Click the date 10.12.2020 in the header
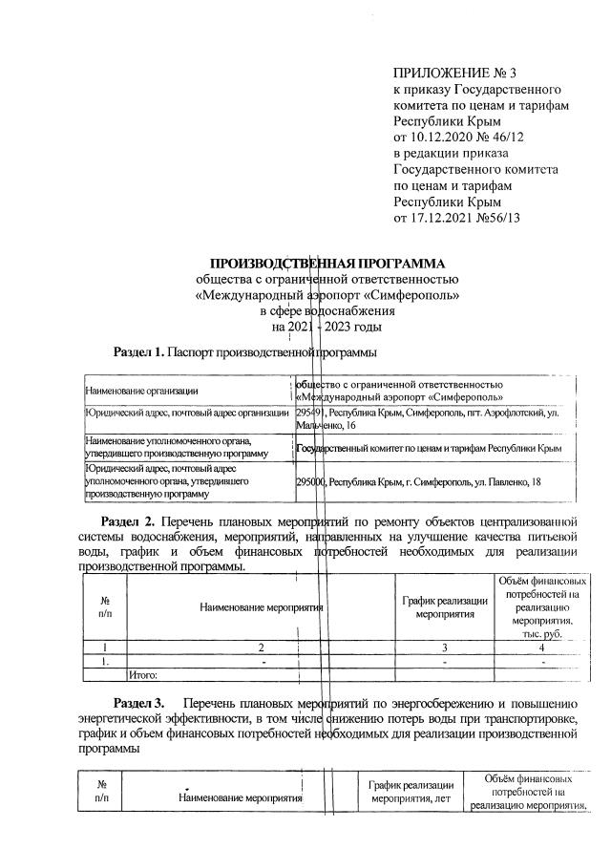[x=444, y=138]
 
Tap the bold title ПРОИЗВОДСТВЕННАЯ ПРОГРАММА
[x=327, y=263]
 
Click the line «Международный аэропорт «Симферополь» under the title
[x=327, y=295]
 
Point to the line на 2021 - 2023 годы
[x=327, y=328]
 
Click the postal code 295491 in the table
[x=311, y=413]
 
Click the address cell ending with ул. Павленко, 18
[x=419, y=482]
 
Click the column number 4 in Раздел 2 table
[x=541, y=647]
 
